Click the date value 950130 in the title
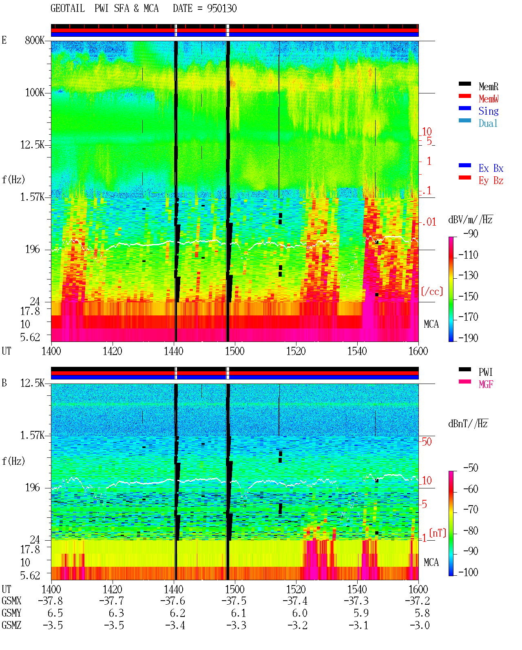(221, 9)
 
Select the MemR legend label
(488, 87)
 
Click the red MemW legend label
(489, 99)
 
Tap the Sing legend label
(488, 111)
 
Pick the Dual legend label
(488, 123)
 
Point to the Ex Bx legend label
(491, 168)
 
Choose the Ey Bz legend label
(491, 181)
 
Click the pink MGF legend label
(486, 384)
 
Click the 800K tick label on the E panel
(35, 40)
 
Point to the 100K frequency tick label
(35, 93)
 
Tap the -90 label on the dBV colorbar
(470, 233)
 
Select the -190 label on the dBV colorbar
(468, 338)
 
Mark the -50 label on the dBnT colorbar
(471, 468)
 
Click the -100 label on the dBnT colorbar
(468, 572)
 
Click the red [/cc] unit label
(432, 291)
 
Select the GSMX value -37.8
(51, 601)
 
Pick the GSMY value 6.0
(299, 613)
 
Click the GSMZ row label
(11, 625)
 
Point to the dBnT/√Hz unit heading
(468, 424)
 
